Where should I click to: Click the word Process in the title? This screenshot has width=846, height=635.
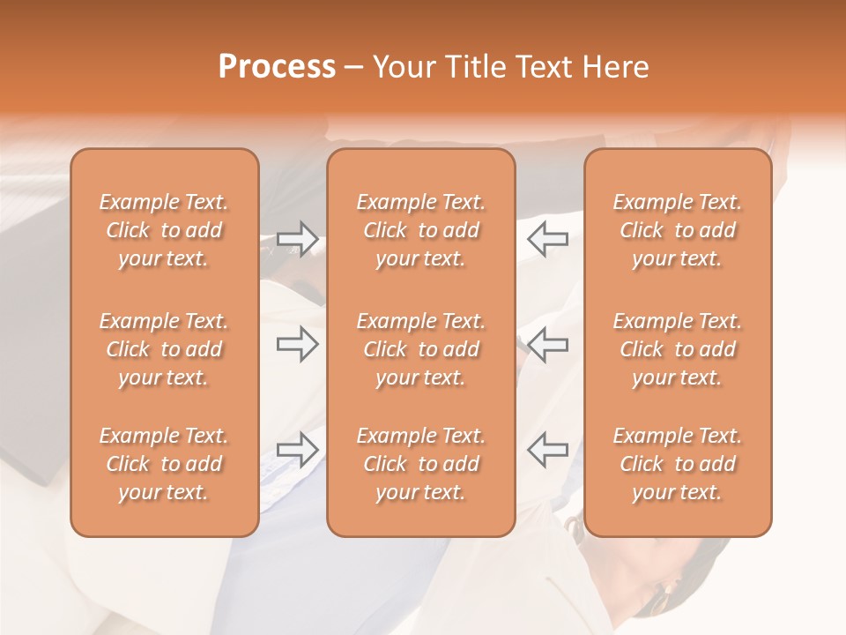(277, 68)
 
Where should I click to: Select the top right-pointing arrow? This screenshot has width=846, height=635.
(298, 239)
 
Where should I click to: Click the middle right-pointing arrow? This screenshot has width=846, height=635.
(298, 345)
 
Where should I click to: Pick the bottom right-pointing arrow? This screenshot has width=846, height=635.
(298, 450)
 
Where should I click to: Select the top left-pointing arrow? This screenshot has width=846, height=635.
(547, 239)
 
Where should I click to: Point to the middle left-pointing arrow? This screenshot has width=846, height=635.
(547, 345)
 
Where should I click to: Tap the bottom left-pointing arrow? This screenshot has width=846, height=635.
(547, 450)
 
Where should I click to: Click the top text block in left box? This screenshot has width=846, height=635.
(164, 230)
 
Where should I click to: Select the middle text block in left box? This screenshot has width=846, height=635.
(164, 349)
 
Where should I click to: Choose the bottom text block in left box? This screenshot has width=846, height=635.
(164, 464)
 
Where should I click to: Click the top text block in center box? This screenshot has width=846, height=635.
(420, 230)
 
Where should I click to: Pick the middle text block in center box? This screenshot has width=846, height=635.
(420, 349)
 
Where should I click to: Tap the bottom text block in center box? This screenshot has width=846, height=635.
(420, 464)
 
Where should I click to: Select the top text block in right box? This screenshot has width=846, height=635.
(678, 230)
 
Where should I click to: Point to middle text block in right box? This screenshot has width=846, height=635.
(678, 349)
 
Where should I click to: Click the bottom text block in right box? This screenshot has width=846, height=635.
(678, 464)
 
